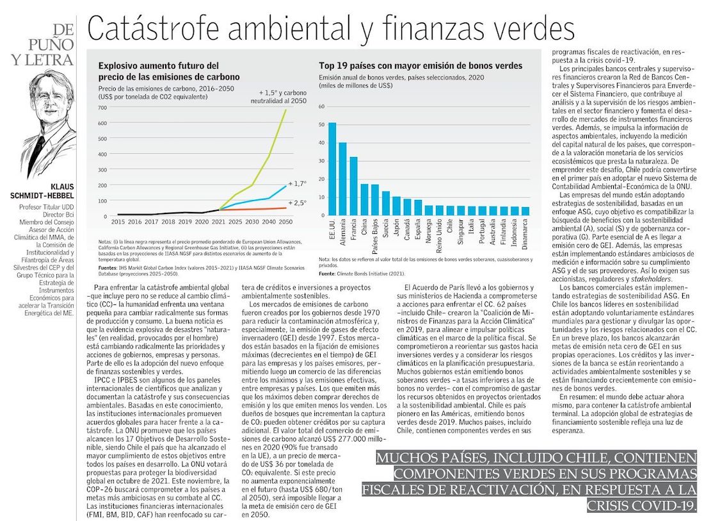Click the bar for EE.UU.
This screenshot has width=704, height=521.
pyautogui.click(x=332, y=169)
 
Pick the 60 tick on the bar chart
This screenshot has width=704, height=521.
pyautogui.click(x=322, y=106)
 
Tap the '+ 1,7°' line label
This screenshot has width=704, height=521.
pyautogui.click(x=298, y=184)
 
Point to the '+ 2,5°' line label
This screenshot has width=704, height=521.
pyautogui.click(x=298, y=203)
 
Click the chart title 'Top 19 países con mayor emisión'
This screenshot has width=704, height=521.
pyautogui.click(x=420, y=65)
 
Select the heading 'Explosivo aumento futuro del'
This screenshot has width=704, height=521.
pyautogui.click(x=159, y=65)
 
